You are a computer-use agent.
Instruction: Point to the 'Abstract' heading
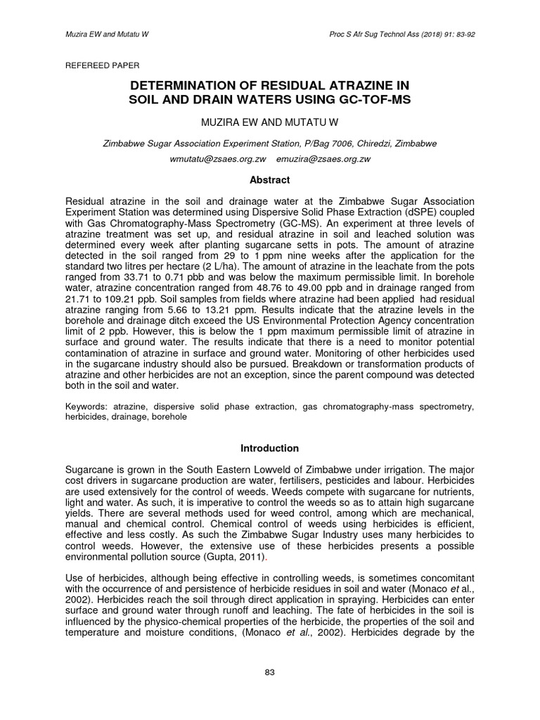270,179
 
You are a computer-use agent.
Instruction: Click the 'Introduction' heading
270,448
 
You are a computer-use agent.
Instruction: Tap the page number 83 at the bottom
269,673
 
